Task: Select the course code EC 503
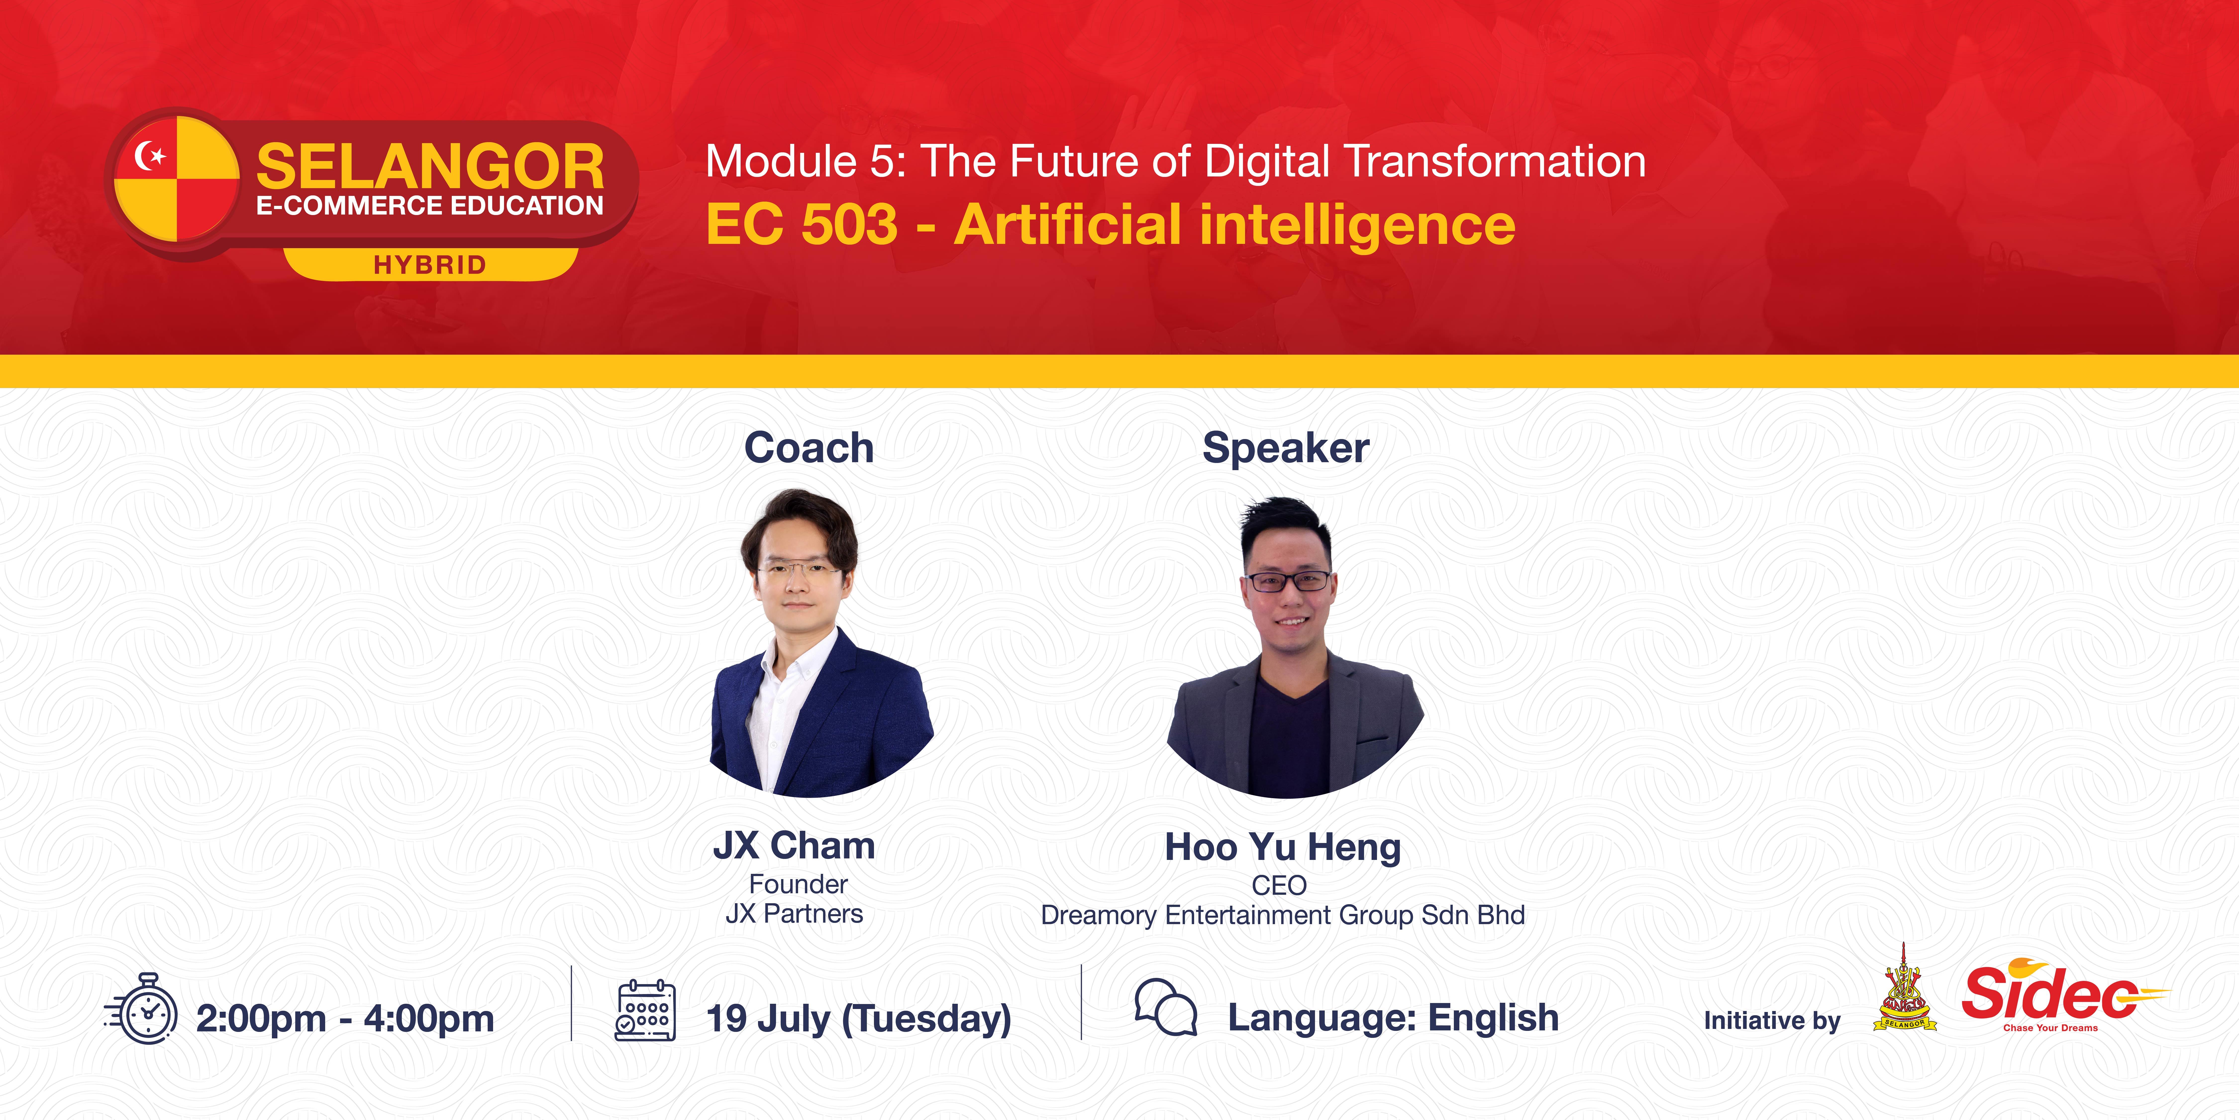(801, 224)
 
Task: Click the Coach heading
(808, 448)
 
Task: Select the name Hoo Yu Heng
(1283, 847)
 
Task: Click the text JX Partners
(794, 914)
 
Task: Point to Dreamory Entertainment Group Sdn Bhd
(1283, 916)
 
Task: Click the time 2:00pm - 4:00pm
(345, 1018)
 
